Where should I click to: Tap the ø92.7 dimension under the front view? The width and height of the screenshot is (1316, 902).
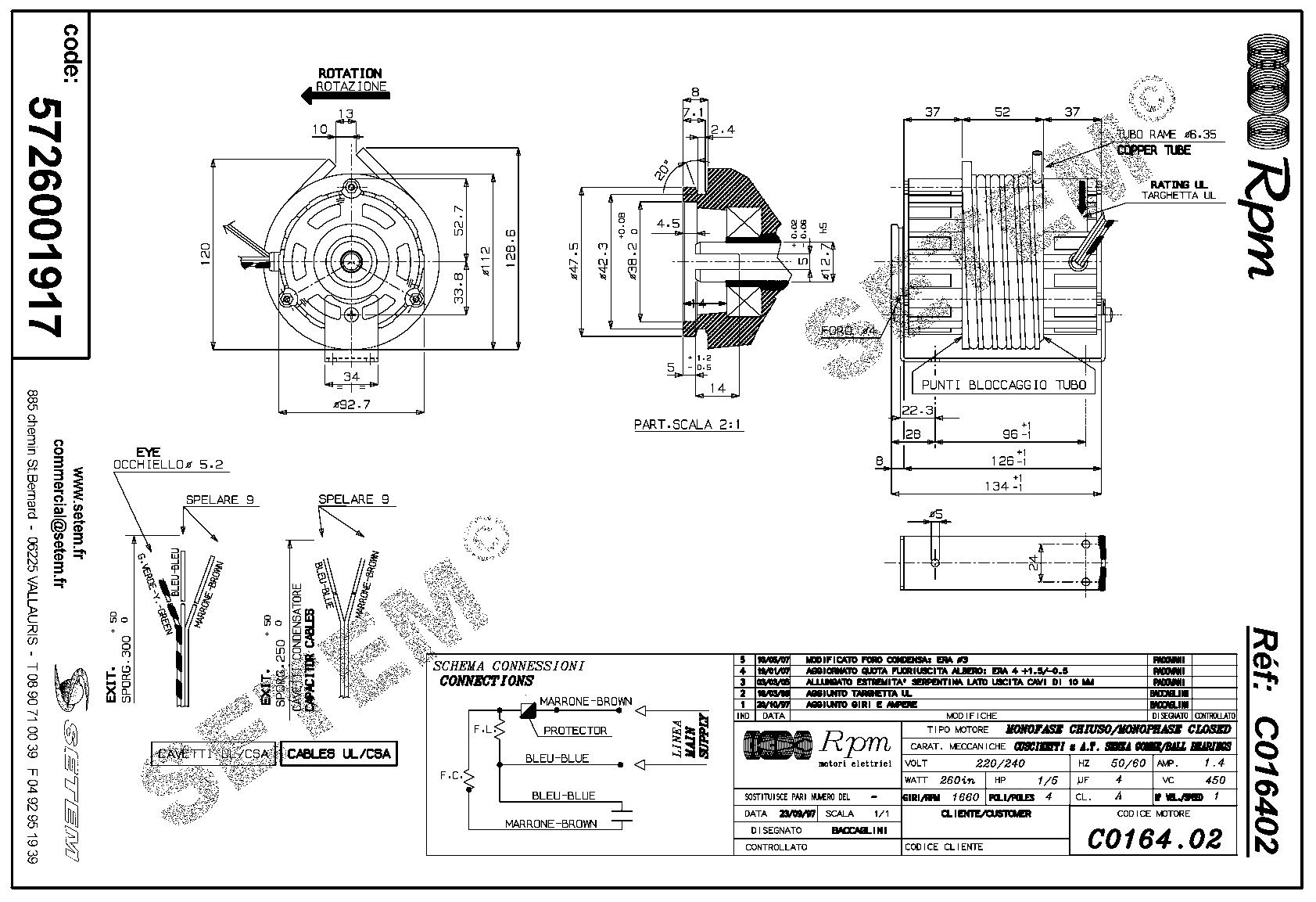coord(351,404)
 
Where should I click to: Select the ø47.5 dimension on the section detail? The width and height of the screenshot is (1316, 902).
coord(575,261)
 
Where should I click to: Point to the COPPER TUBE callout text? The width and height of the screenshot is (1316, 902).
coord(1153,149)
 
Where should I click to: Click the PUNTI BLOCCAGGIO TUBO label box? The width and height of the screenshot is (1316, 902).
coord(1003,385)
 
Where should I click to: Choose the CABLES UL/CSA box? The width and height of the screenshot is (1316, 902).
coord(339,754)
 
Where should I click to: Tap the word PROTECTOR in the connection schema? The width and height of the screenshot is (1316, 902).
coord(575,731)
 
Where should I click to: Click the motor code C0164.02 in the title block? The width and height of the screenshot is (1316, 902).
coord(1153,839)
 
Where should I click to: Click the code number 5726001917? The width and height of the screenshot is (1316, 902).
coord(45,217)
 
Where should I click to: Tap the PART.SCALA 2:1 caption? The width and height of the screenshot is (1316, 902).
coord(687,425)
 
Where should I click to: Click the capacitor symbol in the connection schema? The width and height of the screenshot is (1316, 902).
coord(623,815)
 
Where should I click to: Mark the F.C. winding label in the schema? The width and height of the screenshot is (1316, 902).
coord(449,776)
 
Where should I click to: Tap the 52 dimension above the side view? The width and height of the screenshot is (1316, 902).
coord(1002,112)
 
